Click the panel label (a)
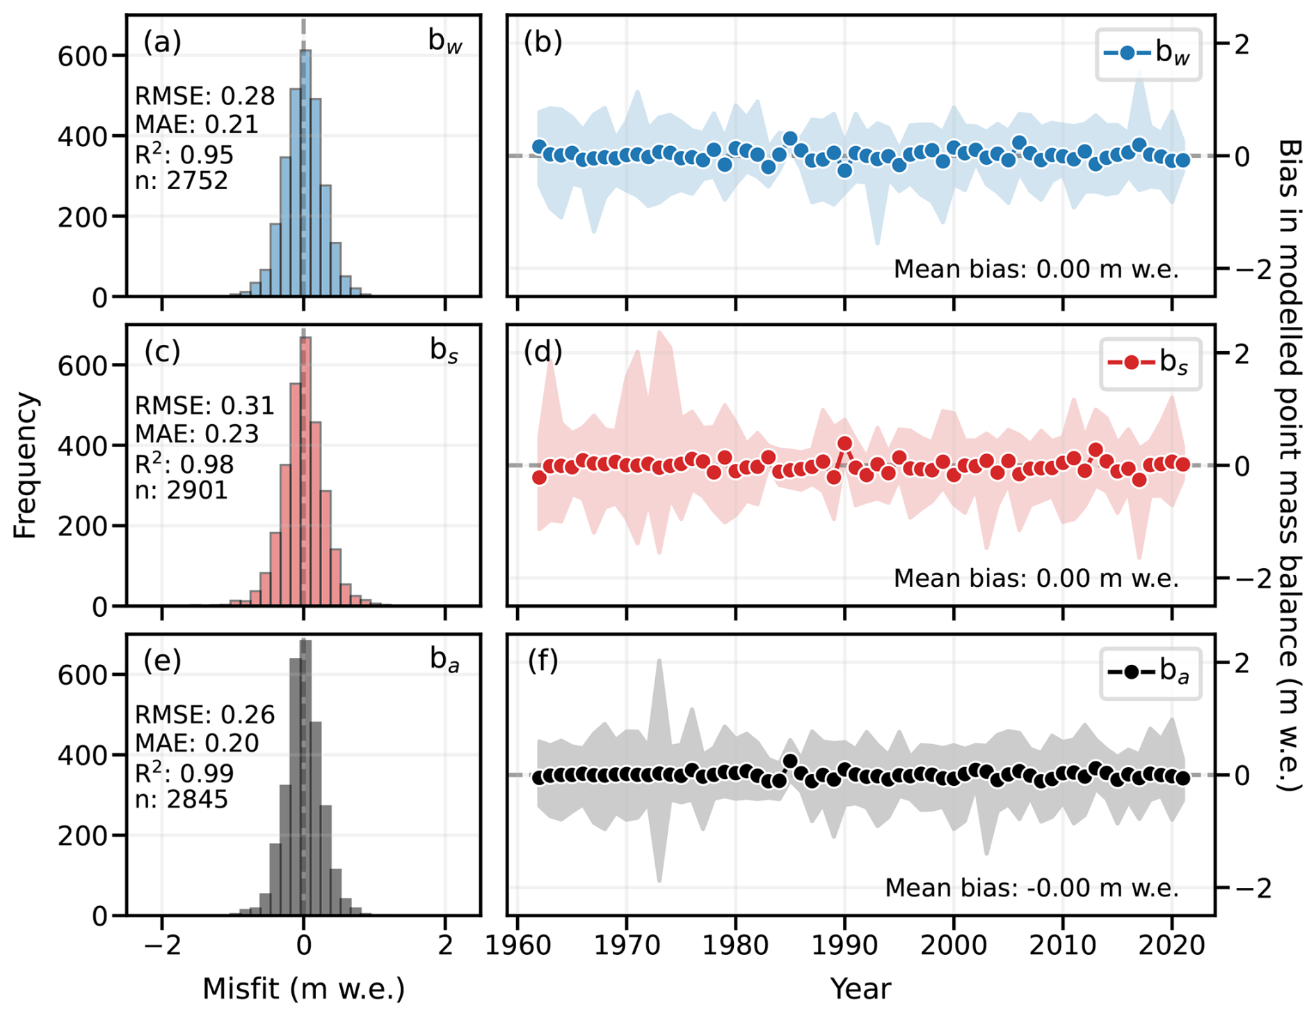click(162, 42)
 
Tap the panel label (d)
click(543, 352)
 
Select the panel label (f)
click(543, 661)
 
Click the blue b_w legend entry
click(1148, 54)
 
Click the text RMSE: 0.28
click(204, 96)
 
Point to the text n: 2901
click(181, 491)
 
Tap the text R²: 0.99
click(184, 773)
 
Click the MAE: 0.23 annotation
click(197, 434)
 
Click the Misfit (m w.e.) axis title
click(303, 988)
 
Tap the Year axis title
click(860, 988)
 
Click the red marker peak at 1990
click(845, 444)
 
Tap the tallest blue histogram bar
click(305, 174)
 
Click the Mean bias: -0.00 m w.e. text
click(1032, 888)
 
